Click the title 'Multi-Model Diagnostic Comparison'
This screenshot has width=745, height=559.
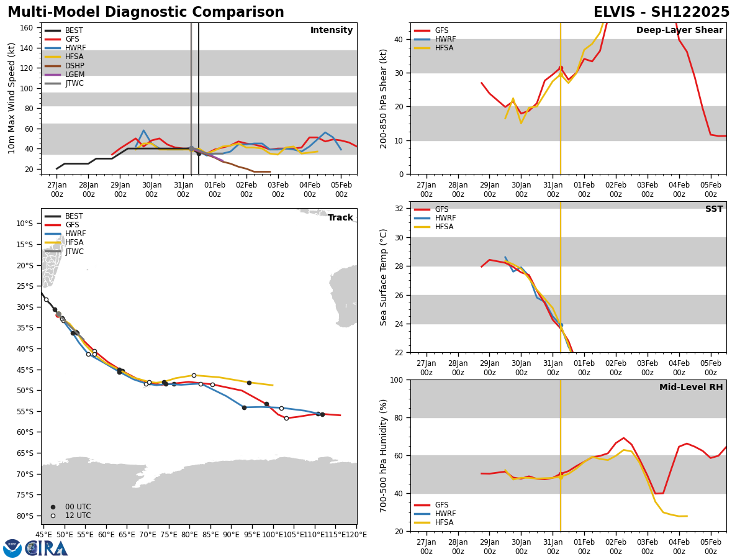click(x=145, y=12)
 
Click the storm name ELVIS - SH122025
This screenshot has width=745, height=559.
click(x=661, y=12)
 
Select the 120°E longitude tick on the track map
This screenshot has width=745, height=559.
click(x=356, y=534)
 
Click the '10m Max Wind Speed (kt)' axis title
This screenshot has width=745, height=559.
click(x=12, y=98)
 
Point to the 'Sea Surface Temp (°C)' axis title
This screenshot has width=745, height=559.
click(x=384, y=277)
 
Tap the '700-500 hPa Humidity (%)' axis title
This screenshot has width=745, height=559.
click(x=384, y=455)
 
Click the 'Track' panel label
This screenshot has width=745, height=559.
click(x=340, y=218)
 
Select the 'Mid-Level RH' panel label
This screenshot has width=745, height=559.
click(x=691, y=388)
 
